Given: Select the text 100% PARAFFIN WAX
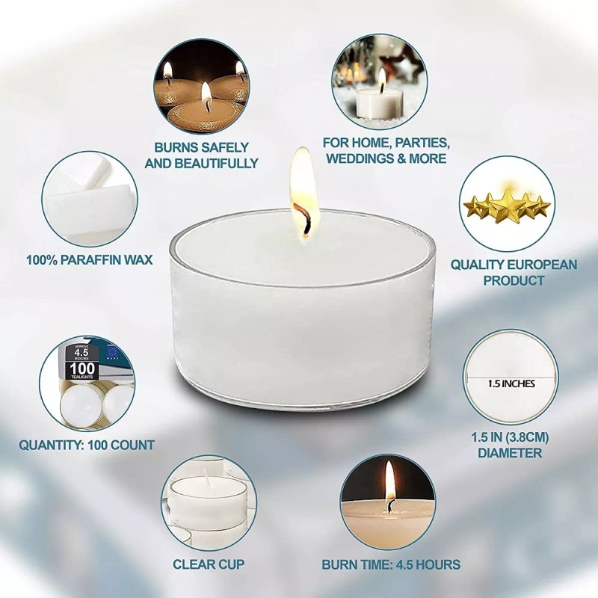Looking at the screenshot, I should [89, 259].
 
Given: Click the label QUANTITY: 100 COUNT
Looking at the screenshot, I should [87, 445].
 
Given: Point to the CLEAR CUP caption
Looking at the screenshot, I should [209, 564].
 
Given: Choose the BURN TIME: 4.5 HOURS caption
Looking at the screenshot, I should [391, 564].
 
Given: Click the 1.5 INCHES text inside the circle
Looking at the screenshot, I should [511, 383].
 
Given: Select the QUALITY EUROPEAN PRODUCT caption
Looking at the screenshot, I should [514, 272].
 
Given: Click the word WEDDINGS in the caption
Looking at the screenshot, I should [357, 158].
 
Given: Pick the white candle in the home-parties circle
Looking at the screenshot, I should [378, 103].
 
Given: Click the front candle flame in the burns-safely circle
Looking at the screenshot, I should [206, 93].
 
